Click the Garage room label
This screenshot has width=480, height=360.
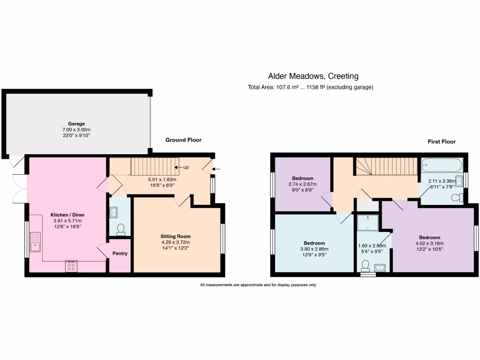tap(76, 124)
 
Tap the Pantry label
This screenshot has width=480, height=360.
tap(120, 254)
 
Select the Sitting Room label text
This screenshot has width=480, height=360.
tap(176, 236)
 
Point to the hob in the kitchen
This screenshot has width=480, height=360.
tap(72, 266)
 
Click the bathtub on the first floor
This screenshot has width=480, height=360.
tap(442, 165)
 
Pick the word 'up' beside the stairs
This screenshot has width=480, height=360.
tap(186, 167)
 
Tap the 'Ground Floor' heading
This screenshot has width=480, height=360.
tap(183, 140)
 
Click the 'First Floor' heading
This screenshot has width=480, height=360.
tap(441, 142)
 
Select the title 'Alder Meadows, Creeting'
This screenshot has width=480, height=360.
tap(313, 76)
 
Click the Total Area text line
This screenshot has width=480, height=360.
tap(310, 87)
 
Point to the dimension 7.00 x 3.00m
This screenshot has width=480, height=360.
tap(76, 130)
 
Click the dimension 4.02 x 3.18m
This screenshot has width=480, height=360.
tap(429, 243)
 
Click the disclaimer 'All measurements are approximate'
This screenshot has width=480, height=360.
tap(258, 285)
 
